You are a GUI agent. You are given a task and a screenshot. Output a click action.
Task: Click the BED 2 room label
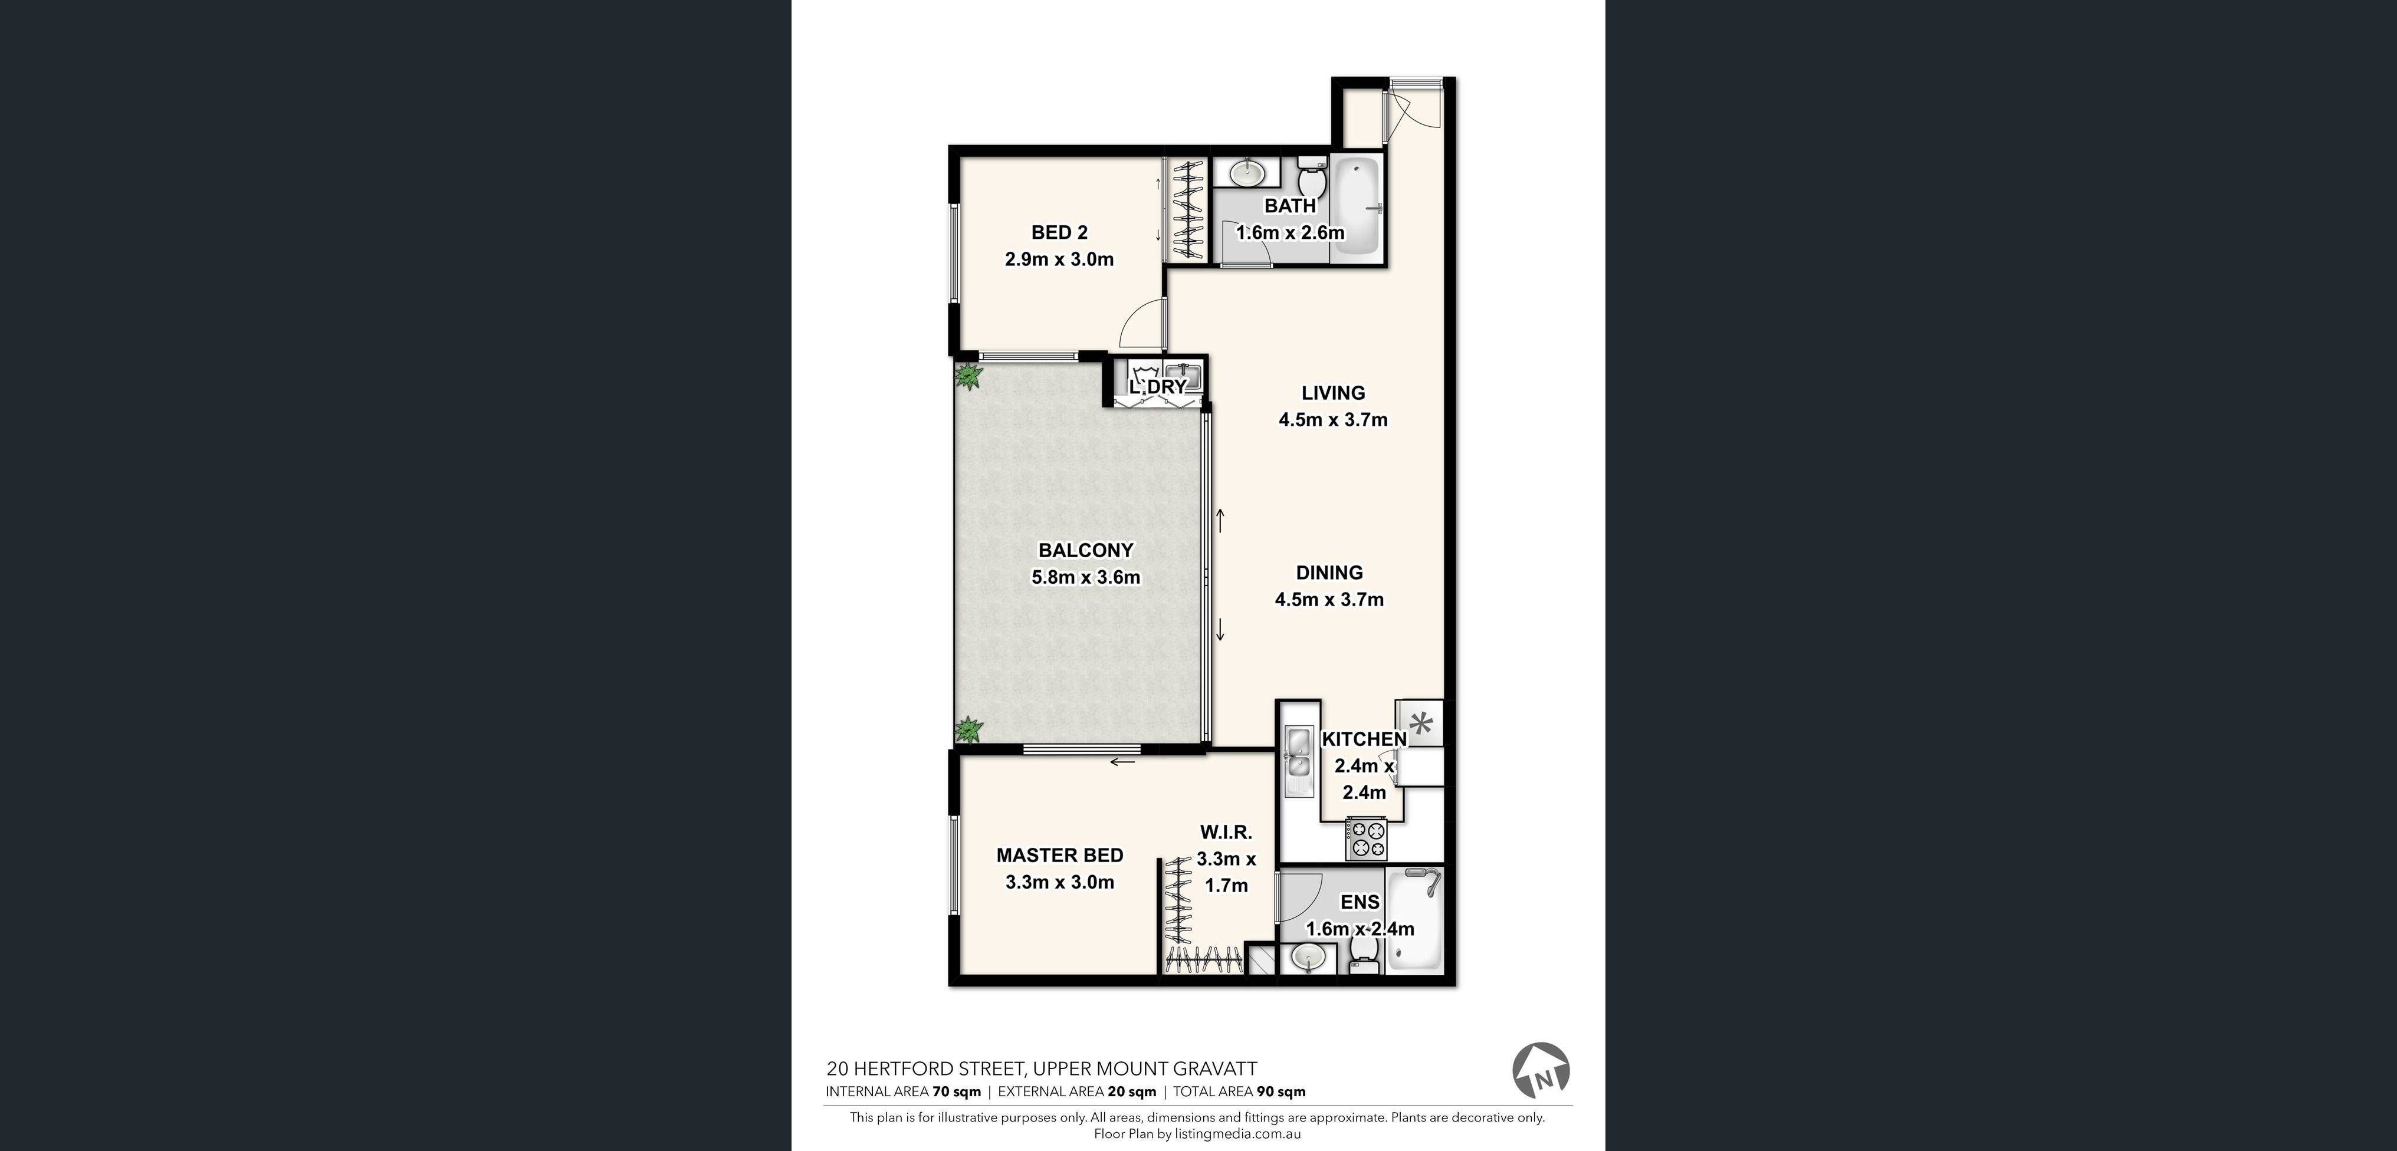point(1059,233)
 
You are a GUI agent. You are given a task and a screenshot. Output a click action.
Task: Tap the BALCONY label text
point(1086,550)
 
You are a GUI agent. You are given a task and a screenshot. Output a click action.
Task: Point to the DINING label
point(1329,572)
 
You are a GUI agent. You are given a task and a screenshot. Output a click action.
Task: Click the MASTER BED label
point(1060,855)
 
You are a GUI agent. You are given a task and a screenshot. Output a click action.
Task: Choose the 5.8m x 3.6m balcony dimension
point(1086,577)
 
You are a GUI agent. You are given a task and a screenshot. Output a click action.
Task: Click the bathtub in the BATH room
point(1357,206)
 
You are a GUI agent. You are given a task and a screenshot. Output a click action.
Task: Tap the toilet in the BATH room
point(1312,176)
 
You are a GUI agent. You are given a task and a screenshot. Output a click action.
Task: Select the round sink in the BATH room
point(1247,173)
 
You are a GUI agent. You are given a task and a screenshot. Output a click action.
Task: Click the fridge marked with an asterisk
point(1420,723)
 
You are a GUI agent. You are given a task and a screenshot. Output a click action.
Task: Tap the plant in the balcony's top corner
point(970,377)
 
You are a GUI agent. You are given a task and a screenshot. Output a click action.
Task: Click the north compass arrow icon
point(1541,1071)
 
